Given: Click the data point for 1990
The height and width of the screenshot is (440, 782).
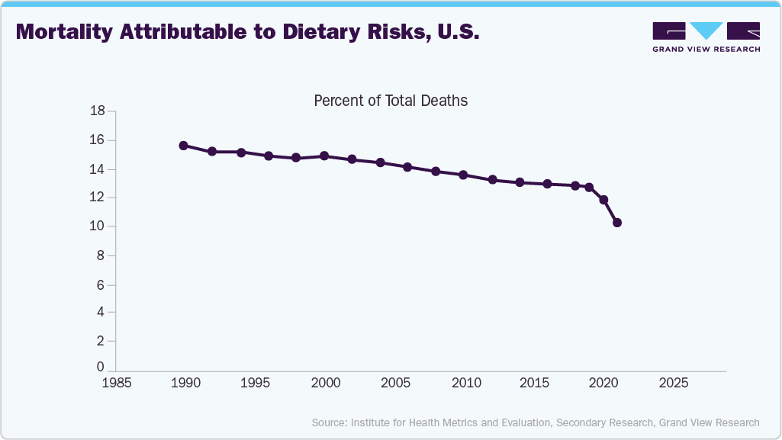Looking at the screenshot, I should [x=183, y=146].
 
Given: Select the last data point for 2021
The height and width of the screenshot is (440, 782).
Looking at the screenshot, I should [x=617, y=223].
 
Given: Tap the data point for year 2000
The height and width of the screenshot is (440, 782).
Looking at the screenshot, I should [x=324, y=156].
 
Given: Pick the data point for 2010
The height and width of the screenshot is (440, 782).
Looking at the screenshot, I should [x=463, y=175].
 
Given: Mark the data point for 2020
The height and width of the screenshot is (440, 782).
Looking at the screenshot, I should [x=603, y=200].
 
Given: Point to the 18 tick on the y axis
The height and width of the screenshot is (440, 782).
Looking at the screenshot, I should [x=97, y=111].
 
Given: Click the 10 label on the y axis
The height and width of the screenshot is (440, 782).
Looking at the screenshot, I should [x=97, y=226].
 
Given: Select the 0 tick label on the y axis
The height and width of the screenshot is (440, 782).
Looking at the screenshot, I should [x=101, y=368].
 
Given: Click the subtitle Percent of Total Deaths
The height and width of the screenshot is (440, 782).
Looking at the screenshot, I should [x=391, y=101].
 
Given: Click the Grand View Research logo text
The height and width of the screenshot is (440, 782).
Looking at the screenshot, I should [x=706, y=50].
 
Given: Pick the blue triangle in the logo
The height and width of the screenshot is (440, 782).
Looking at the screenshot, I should [x=706, y=31].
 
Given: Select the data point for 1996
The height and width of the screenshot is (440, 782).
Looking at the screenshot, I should [x=269, y=156].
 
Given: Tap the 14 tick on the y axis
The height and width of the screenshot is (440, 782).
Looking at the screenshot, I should [x=97, y=169].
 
